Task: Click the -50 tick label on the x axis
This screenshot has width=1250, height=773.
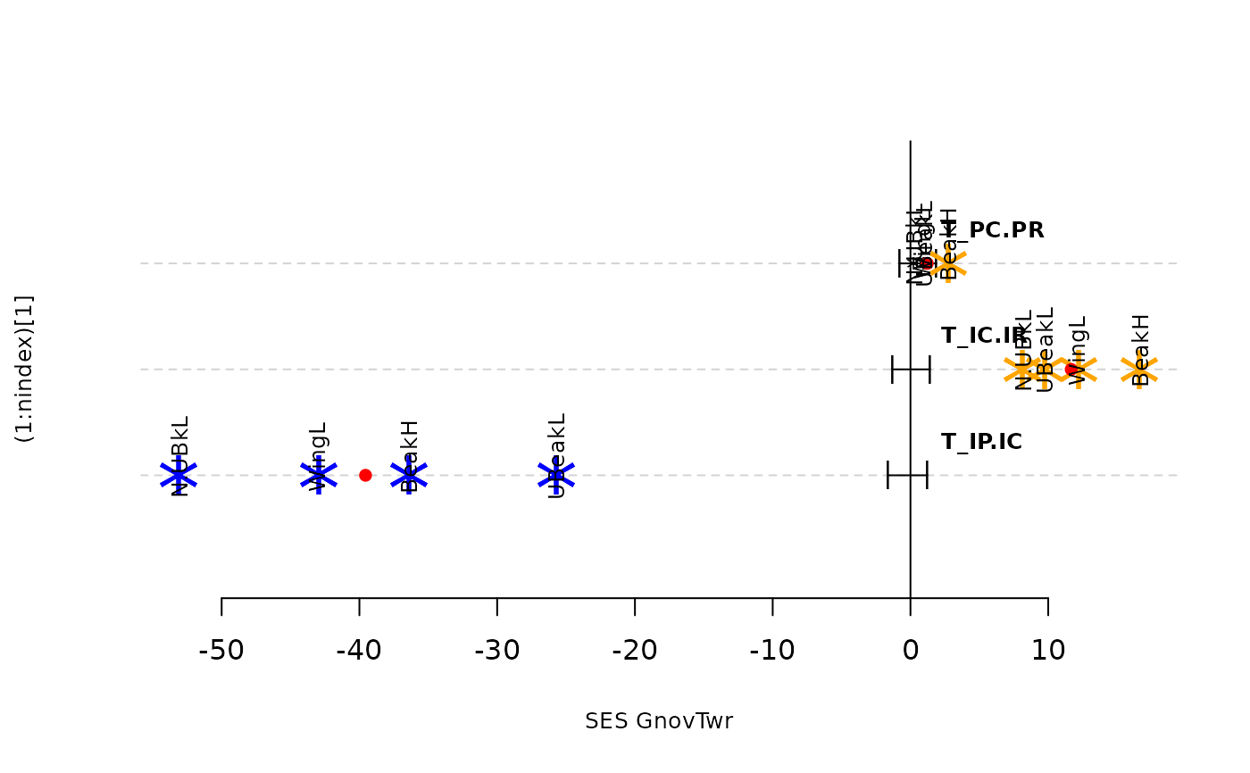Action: (x=221, y=651)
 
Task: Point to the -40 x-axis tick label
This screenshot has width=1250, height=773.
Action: (x=359, y=651)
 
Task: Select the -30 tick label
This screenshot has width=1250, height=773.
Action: (x=496, y=651)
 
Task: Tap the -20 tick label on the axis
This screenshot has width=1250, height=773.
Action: (x=635, y=651)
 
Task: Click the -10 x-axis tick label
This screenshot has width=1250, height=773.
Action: (x=772, y=651)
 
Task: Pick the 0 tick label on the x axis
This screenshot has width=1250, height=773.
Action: (x=910, y=651)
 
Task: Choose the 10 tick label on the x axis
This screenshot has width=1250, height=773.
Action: (x=1047, y=651)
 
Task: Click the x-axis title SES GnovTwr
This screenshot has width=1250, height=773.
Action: (x=659, y=721)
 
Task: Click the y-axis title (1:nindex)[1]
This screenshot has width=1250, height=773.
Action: (x=25, y=369)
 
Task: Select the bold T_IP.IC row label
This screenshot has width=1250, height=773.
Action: (x=981, y=442)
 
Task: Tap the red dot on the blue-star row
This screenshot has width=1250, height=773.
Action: (x=365, y=475)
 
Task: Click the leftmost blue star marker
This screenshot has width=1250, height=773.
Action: (x=179, y=475)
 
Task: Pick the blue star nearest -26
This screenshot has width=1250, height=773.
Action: (x=556, y=475)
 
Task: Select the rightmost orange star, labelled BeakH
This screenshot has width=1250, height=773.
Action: (x=1139, y=369)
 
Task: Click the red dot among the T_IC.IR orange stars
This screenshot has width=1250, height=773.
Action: (x=1071, y=369)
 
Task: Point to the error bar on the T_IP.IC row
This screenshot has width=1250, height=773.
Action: (x=907, y=475)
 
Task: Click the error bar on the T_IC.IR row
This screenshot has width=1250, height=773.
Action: (x=911, y=369)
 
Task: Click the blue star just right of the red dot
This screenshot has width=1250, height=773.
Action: (x=409, y=475)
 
